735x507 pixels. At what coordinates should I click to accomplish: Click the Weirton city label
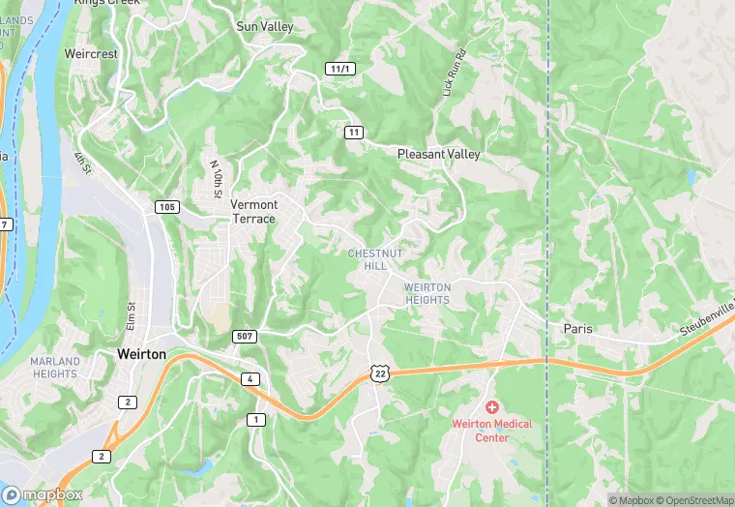click(x=141, y=354)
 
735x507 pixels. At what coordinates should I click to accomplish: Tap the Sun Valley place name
click(x=265, y=27)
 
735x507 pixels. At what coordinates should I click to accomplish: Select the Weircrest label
click(x=91, y=54)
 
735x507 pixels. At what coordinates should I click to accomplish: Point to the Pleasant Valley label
click(x=439, y=154)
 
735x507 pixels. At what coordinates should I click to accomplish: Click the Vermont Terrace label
click(x=253, y=211)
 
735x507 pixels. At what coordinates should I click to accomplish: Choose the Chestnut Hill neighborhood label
click(x=367, y=258)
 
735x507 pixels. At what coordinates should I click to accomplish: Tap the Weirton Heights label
click(x=426, y=293)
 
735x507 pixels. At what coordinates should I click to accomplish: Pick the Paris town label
click(x=577, y=329)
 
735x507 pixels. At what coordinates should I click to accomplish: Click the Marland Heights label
click(x=55, y=368)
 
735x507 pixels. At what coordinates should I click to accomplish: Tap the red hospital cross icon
click(x=491, y=408)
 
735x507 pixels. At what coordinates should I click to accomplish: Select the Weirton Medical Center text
click(x=492, y=431)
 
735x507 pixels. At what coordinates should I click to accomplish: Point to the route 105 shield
click(x=166, y=207)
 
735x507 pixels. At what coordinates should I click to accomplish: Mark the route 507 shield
click(x=245, y=337)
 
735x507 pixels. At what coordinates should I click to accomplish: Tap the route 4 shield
click(x=250, y=378)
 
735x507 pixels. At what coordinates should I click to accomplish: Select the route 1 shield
click(x=255, y=419)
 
